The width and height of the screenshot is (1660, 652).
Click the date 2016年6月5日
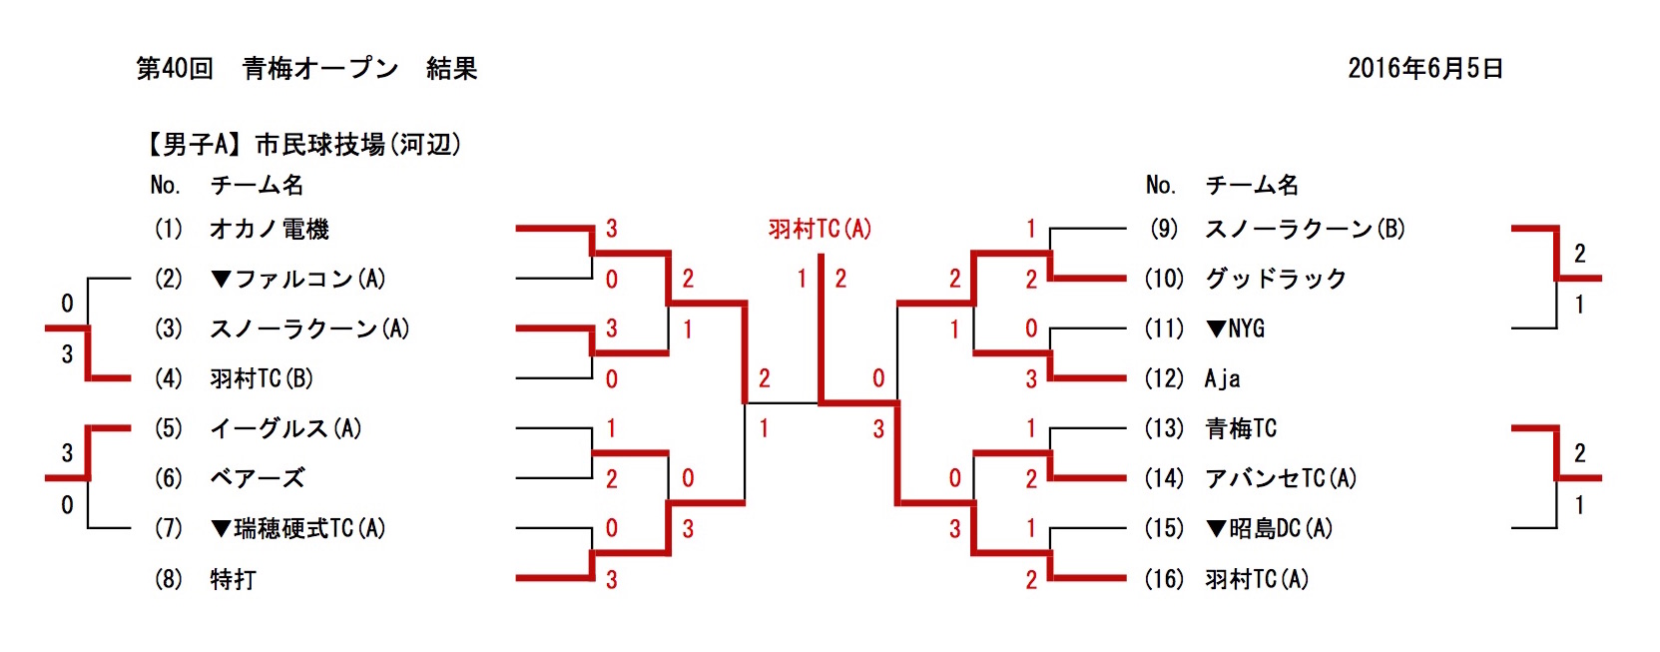coord(1424,68)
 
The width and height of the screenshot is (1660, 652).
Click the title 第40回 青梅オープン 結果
coord(306,68)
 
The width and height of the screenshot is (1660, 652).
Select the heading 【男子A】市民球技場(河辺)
coord(302,145)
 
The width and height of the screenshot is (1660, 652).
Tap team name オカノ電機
coord(269,229)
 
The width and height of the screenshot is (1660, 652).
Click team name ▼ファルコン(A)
coord(297,279)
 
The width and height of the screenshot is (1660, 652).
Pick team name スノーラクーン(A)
coord(309,328)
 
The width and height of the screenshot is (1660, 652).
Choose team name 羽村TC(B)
coord(262,378)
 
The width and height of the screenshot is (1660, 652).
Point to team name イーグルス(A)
coord(285,428)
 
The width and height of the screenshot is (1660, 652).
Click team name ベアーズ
coord(257,478)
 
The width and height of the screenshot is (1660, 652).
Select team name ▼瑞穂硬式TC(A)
coord(297,528)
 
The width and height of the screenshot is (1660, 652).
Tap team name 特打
coord(233,579)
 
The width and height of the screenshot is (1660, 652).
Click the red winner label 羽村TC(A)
coord(820,229)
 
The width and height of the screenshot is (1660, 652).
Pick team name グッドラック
coord(1276,279)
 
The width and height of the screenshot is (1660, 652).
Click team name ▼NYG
coord(1235,328)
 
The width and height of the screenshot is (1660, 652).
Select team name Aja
coord(1223,378)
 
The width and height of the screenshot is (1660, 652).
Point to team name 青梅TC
coord(1241,428)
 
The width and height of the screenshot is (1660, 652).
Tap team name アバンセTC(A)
coord(1281,478)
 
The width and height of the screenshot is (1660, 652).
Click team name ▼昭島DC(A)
coord(1269,528)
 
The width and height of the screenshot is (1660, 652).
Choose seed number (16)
coord(1164,579)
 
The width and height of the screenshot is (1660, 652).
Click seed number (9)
coord(1164,229)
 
